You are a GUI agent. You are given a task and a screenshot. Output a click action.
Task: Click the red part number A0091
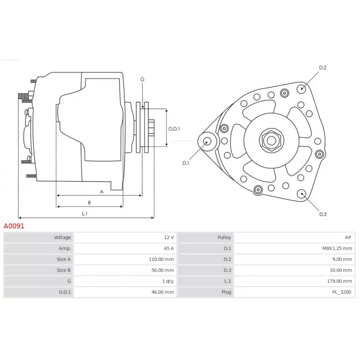click(x=14, y=226)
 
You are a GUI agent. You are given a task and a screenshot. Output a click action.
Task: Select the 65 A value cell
click(x=169, y=248)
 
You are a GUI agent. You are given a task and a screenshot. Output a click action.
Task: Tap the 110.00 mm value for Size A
click(x=161, y=259)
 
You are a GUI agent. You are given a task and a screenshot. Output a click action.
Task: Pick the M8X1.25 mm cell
click(x=337, y=248)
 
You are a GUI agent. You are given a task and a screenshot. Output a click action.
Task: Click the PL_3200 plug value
click(x=342, y=292)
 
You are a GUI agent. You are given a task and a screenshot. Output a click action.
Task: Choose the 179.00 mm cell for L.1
click(x=340, y=281)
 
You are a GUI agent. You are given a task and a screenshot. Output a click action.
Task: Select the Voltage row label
click(x=62, y=238)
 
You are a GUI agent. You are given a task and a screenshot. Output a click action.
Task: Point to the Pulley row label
click(x=224, y=238)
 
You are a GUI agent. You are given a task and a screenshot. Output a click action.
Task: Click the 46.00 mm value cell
click(x=162, y=292)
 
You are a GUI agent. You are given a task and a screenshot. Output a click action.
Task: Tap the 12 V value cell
click(x=169, y=238)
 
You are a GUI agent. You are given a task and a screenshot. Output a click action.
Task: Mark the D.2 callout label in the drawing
click(x=323, y=67)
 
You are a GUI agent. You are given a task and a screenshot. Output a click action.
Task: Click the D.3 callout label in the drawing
click(x=323, y=214)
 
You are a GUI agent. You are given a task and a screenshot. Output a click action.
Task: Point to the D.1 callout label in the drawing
click(x=185, y=163)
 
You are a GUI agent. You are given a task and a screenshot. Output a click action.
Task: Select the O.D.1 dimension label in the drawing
click(x=174, y=129)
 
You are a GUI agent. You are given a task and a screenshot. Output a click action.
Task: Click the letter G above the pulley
click(x=142, y=80)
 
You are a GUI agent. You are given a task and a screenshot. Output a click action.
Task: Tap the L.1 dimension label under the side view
click(x=85, y=213)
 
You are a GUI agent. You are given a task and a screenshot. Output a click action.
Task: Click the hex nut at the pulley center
click(x=272, y=140)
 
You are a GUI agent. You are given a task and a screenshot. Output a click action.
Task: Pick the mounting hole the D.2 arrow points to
click(x=301, y=89)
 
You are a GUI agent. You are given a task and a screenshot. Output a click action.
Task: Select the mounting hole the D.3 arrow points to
click(x=301, y=194)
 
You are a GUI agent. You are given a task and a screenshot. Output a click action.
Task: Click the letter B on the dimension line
click(x=89, y=203)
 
